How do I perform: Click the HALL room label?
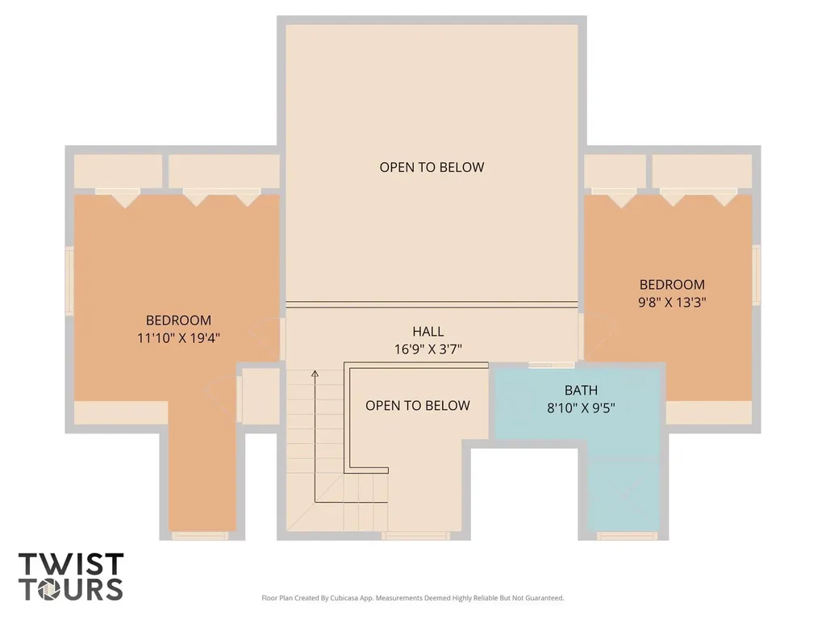[428, 331]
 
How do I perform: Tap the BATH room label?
[581, 390]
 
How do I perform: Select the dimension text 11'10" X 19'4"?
[178, 338]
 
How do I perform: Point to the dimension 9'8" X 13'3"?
[672, 302]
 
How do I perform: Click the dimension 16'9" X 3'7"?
[428, 349]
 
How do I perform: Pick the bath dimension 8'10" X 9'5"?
[581, 408]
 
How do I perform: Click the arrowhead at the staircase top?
[315, 374]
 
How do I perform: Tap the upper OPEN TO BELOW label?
[432, 167]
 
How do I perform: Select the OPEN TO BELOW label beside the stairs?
[417, 405]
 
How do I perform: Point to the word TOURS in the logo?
[71, 589]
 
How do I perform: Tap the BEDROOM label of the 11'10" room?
[178, 320]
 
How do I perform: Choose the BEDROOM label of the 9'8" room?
[672, 285]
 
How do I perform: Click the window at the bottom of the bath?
[628, 536]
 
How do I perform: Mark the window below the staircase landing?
[415, 536]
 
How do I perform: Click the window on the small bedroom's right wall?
[757, 274]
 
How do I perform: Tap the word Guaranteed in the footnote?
[549, 598]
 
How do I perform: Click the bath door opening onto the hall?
[551, 365]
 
